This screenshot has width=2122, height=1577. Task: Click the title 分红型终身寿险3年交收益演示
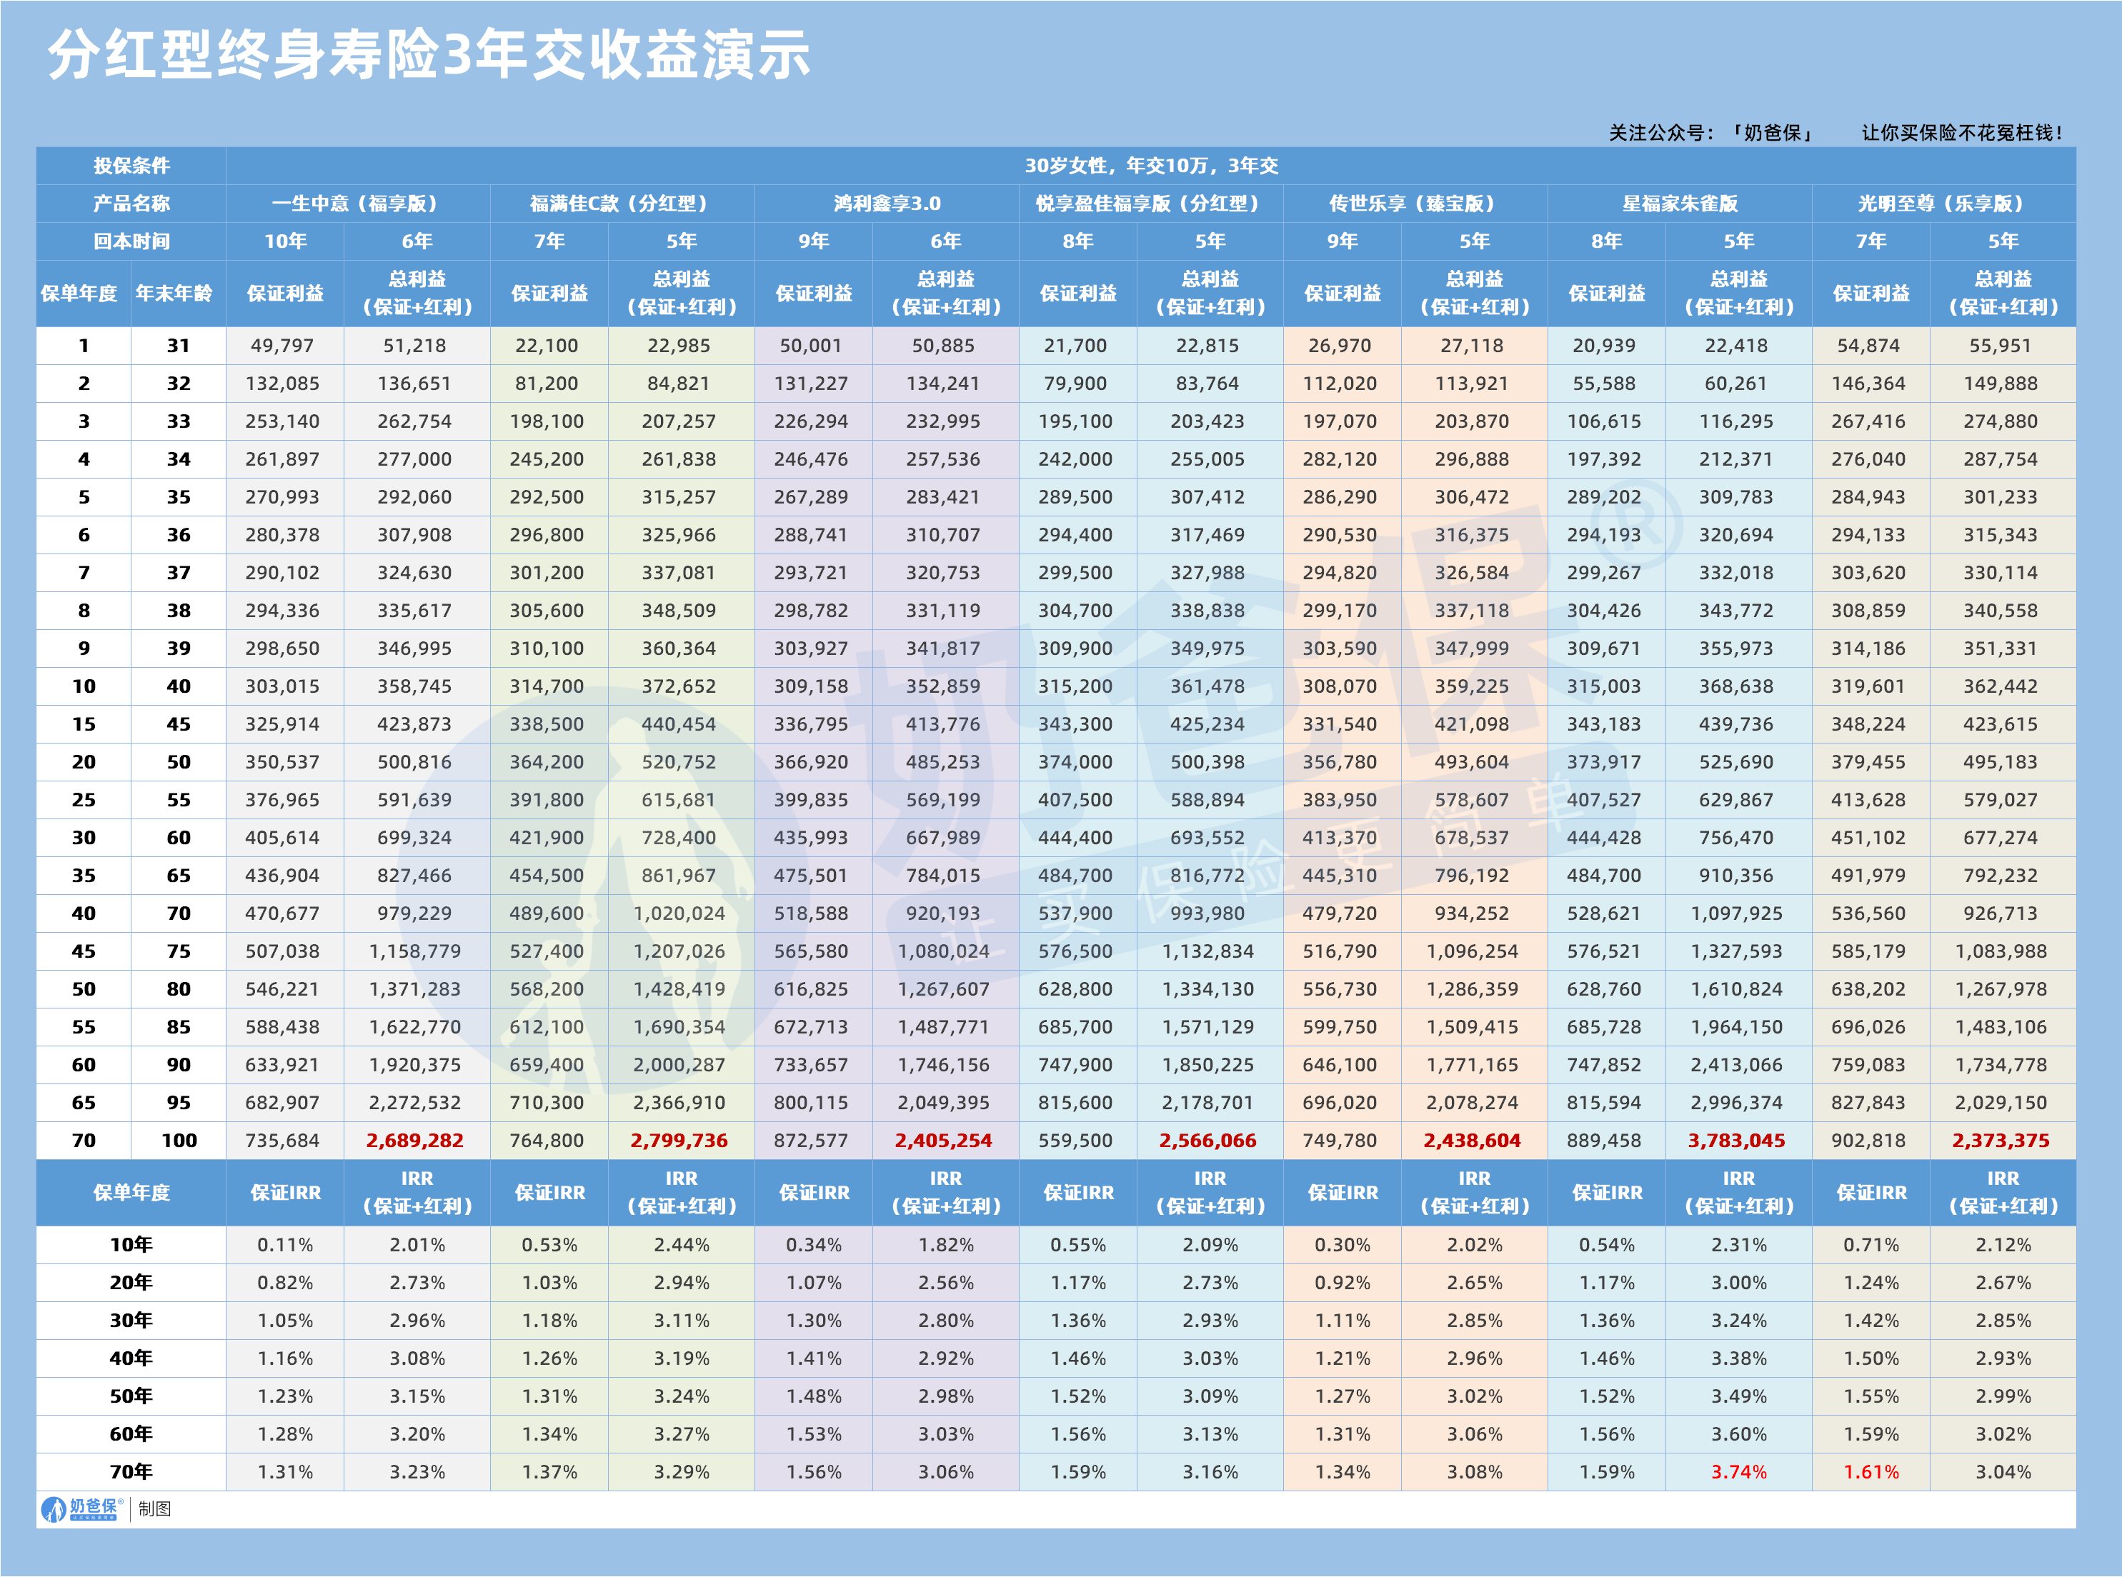click(429, 54)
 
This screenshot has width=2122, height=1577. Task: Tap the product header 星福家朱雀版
click(1679, 204)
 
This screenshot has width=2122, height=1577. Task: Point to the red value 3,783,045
click(1736, 1140)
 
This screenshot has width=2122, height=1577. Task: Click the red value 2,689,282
click(414, 1140)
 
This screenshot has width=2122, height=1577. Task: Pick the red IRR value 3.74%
click(1738, 1472)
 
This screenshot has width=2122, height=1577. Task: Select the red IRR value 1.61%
click(1871, 1472)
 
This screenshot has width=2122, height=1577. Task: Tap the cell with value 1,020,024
click(679, 913)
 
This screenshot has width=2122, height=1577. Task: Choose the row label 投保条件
click(131, 165)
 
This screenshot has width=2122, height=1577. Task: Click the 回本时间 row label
click(131, 241)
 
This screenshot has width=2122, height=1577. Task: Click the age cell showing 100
click(179, 1140)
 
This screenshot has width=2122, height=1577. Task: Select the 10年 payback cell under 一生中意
click(284, 241)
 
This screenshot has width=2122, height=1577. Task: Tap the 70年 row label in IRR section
click(131, 1472)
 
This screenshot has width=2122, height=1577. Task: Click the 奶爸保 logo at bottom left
click(82, 1509)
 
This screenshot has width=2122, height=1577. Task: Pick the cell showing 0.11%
click(284, 1245)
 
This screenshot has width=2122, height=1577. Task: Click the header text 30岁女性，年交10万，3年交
click(1151, 165)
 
